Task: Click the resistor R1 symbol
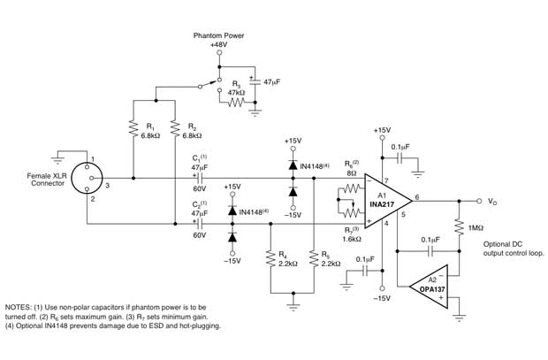point(133,130)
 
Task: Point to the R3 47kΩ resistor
point(236,103)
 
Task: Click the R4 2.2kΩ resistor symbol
point(269,259)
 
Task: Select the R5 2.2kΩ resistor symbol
point(313,259)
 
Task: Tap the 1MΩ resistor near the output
point(458,228)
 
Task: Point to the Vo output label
point(492,201)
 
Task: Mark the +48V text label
point(219,45)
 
